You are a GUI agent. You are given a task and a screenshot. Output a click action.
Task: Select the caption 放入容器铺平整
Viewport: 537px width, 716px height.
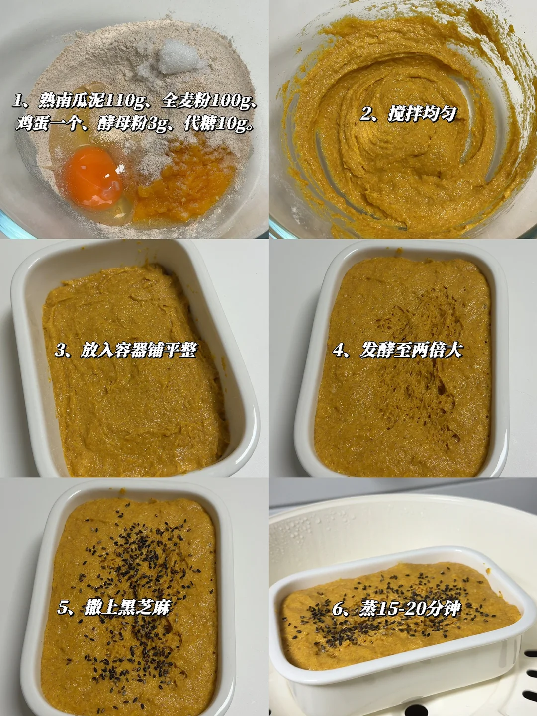coord(139,351)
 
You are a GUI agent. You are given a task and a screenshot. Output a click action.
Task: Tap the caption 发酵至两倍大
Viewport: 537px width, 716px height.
coord(411,351)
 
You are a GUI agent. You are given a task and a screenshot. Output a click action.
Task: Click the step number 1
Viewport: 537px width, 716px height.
coord(17,102)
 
